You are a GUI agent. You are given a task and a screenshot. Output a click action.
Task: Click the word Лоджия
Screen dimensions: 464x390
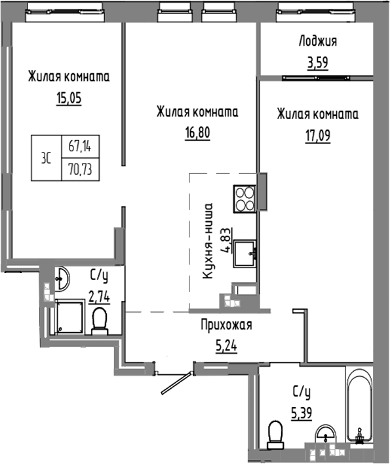click(317, 42)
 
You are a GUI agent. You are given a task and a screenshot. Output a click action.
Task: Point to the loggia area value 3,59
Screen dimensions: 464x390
click(317, 64)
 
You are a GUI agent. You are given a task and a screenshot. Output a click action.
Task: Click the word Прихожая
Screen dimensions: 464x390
click(225, 325)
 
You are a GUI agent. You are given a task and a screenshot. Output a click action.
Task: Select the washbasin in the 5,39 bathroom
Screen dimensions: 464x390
click(324, 435)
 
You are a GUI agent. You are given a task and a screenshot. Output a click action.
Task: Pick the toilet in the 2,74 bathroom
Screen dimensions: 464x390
click(100, 321)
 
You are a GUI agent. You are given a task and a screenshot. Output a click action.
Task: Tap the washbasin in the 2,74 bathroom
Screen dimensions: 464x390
click(62, 279)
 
